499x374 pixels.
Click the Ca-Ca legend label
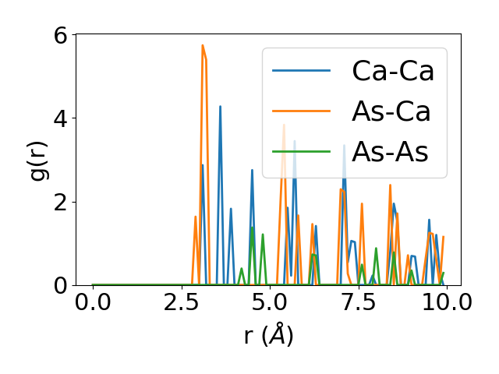(393, 71)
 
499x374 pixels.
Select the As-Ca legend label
(391, 111)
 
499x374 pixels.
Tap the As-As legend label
(390, 152)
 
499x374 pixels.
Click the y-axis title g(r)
(39, 160)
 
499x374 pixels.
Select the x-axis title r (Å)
(269, 336)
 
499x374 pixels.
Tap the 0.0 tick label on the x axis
(93, 302)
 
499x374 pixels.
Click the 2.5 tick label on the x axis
(181, 302)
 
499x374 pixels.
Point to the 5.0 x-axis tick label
(269, 302)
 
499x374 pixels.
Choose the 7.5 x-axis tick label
(357, 302)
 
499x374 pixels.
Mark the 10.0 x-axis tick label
(444, 302)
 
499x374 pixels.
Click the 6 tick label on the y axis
(61, 35)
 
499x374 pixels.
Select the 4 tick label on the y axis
(61, 118)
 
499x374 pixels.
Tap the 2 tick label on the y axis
(61, 202)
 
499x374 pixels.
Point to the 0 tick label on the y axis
(61, 285)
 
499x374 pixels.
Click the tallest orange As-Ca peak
(203, 46)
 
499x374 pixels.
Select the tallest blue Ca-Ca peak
(220, 107)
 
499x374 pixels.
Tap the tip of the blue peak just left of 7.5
(344, 146)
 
